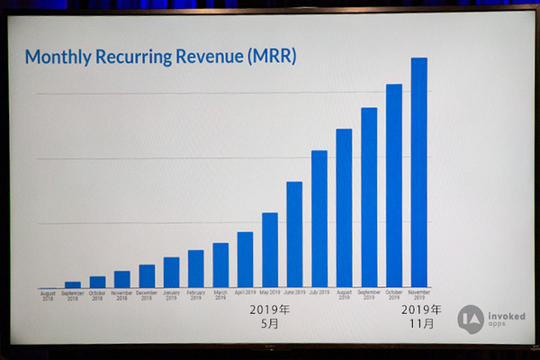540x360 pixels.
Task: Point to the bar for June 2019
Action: (294, 235)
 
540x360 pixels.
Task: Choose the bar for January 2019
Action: (171, 273)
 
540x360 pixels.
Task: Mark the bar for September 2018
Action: (73, 284)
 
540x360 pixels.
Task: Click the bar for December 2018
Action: (147, 276)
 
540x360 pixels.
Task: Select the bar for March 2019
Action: (220, 265)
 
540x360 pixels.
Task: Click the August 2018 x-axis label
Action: (48, 295)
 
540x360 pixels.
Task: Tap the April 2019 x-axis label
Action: (245, 292)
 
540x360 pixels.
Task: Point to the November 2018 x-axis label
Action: (121, 295)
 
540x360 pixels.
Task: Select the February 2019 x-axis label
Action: (195, 295)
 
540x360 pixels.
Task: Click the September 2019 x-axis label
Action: (369, 295)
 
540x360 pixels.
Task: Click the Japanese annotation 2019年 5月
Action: (270, 316)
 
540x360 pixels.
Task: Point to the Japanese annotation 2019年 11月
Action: (419, 316)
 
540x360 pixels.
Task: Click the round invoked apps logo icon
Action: (470, 319)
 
